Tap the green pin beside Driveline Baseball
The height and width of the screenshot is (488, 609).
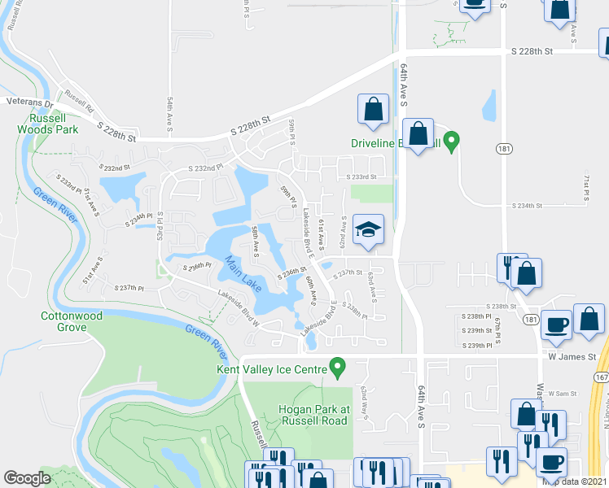click(x=453, y=141)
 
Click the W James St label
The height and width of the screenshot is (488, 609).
click(x=572, y=356)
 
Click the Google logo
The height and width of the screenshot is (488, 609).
click(x=27, y=478)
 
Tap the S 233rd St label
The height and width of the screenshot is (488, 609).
click(x=362, y=176)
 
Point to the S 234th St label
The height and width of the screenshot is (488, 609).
click(x=525, y=206)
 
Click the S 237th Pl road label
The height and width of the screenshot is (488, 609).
click(x=129, y=288)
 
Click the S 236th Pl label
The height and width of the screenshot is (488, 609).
click(x=197, y=267)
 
